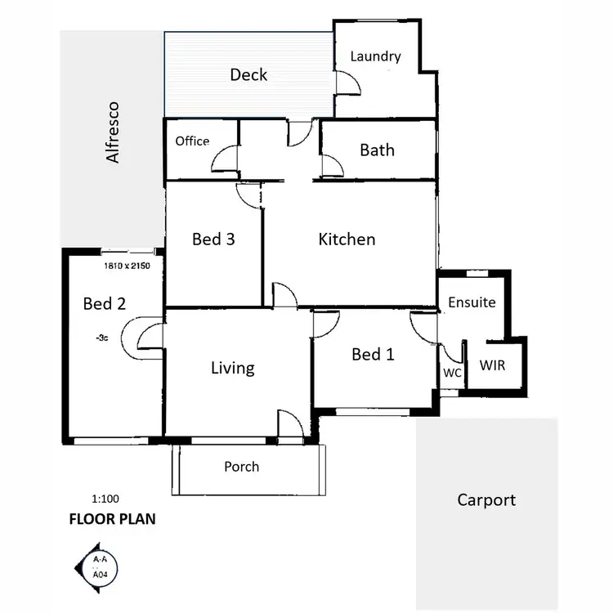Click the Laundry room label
tap(375, 56)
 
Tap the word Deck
tap(248, 75)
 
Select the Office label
tap(193, 141)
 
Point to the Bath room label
tap(377, 150)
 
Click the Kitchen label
tap(347, 239)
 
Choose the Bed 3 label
tap(213, 239)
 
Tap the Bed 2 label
tap(105, 304)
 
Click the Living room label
tap(232, 369)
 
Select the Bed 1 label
tap(373, 354)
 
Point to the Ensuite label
tap(472, 302)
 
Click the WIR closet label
tap(492, 365)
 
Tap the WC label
tap(452, 373)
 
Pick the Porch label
tap(241, 467)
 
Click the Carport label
tap(486, 500)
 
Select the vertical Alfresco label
tap(114, 132)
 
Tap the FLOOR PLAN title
tap(112, 518)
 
